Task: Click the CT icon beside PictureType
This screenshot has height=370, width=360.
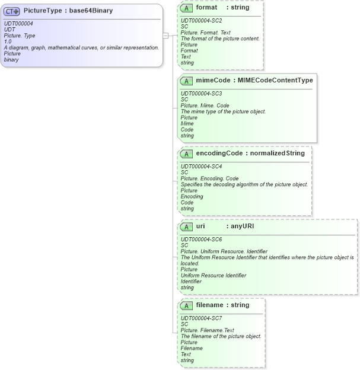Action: coord(12,11)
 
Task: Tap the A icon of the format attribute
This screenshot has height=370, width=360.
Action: coord(186,8)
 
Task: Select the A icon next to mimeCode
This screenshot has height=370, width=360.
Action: coord(186,80)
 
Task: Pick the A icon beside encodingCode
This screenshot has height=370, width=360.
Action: coord(186,154)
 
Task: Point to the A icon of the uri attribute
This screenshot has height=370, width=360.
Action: coord(186,227)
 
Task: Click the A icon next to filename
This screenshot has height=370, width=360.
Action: coord(186,305)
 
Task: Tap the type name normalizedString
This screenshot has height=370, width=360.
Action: coord(278,153)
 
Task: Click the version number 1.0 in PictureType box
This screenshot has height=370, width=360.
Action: coord(7,42)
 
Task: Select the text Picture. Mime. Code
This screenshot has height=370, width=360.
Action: coord(205,106)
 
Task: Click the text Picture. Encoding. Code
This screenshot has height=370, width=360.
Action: coord(209,178)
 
